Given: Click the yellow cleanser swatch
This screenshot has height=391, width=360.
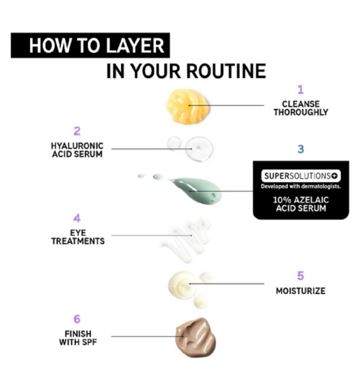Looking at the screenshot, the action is click(x=187, y=106).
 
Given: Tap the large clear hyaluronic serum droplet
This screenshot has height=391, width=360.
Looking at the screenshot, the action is click(x=199, y=149).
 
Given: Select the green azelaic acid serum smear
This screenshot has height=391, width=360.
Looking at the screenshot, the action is click(x=197, y=190).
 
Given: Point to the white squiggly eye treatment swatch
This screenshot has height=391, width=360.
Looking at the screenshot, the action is click(x=186, y=240).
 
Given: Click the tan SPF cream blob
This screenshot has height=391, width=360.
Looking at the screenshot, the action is click(x=196, y=337).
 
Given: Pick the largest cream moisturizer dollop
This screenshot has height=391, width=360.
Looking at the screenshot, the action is click(x=182, y=285).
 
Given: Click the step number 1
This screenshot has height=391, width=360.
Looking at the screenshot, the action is click(x=301, y=89).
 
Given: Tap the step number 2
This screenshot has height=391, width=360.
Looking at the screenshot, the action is click(x=77, y=131).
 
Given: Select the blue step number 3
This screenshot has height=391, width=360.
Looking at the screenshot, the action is click(x=301, y=149).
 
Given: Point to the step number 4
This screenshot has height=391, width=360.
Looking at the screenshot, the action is click(x=77, y=218).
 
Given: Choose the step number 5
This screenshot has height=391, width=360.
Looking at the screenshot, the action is click(x=301, y=276).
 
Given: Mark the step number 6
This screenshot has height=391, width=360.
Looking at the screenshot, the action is click(x=77, y=319).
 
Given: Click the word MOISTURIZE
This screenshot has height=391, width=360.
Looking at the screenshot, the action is click(x=301, y=290).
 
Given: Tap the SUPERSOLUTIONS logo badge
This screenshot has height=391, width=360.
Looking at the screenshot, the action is click(x=301, y=176).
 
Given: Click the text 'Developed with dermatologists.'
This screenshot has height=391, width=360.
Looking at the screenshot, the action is click(x=301, y=186).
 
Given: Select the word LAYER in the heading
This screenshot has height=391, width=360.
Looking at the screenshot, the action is click(x=135, y=45).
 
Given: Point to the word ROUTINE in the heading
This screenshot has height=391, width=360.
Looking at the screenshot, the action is click(x=226, y=71).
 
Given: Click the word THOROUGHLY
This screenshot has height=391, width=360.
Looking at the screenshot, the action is click(x=301, y=112).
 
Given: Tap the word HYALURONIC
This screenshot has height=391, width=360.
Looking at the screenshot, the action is click(x=77, y=146).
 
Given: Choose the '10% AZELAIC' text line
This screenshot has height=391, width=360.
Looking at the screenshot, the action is click(x=301, y=200).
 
